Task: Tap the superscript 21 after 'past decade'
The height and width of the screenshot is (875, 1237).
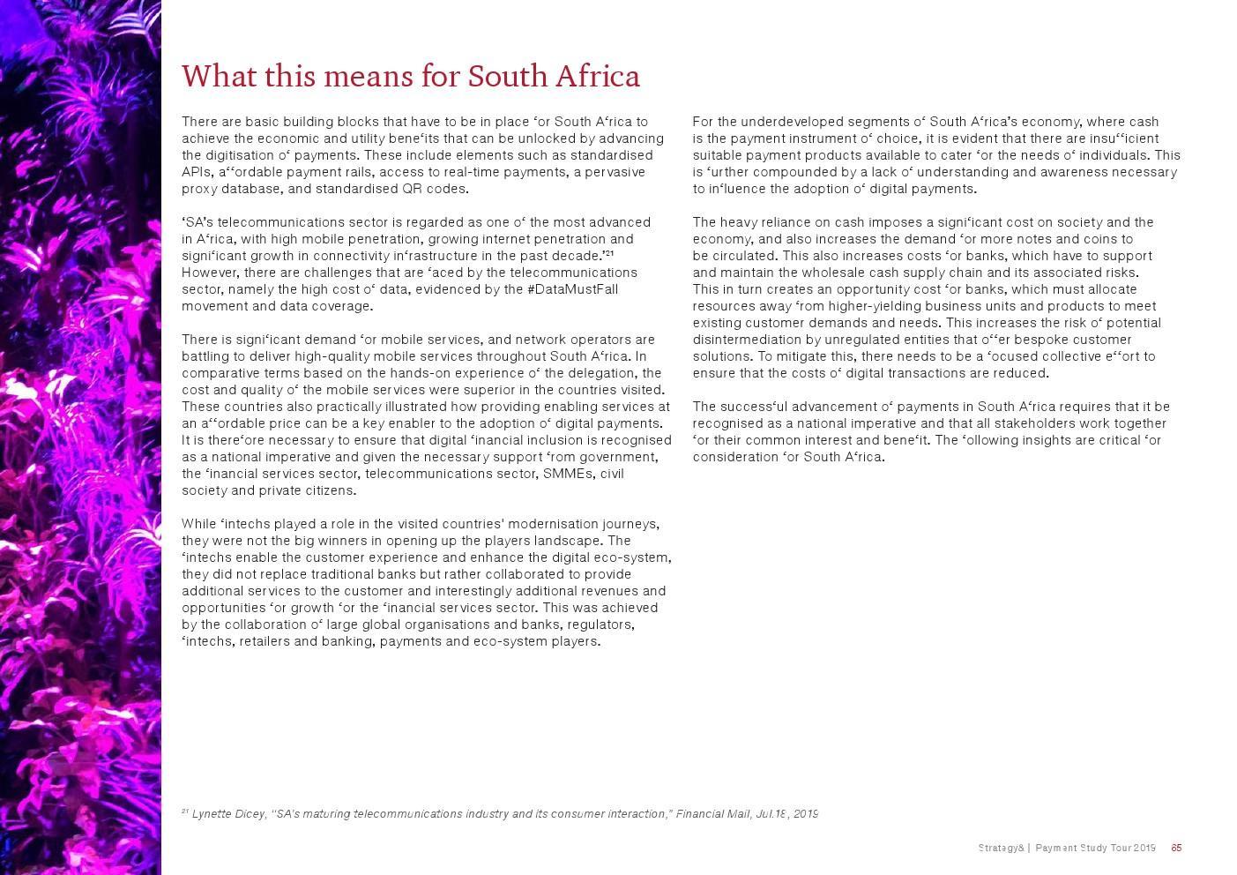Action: tap(608, 254)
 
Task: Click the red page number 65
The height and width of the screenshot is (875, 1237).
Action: tap(1176, 849)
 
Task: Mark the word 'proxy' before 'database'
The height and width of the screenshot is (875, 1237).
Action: tap(198, 189)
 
